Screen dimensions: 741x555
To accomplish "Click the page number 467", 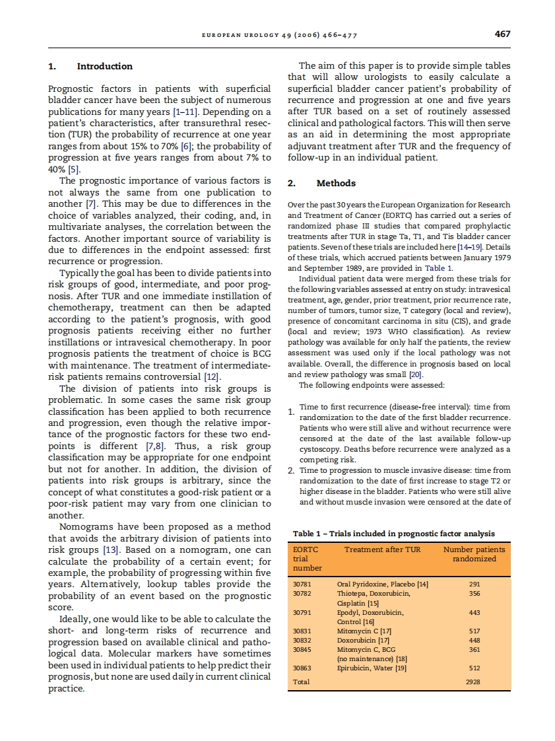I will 502,34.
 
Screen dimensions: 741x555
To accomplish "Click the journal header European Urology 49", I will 278,36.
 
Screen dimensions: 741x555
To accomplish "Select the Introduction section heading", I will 104,66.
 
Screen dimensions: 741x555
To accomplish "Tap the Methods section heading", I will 336,183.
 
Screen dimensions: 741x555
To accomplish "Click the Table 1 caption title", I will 393,534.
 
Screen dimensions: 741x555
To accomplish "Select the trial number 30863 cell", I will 302,668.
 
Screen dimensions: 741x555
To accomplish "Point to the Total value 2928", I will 472,682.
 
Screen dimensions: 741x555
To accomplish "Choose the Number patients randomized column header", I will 474,553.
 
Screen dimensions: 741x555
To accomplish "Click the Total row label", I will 301,682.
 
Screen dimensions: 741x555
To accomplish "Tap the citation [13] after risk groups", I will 109,549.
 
